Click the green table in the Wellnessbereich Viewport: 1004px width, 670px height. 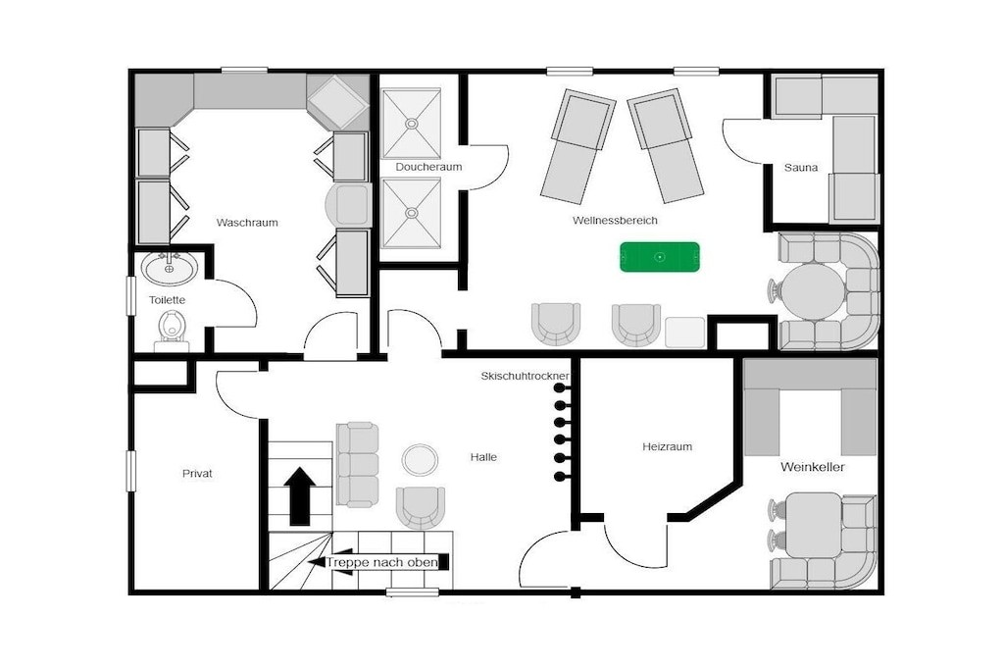pyautogui.click(x=660, y=257)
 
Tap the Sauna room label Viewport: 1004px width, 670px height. pyautogui.click(x=800, y=168)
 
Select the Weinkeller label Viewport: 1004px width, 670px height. pyautogui.click(x=812, y=467)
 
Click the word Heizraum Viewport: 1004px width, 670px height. pyautogui.click(x=667, y=446)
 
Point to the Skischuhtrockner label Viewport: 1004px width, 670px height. pyautogui.click(x=525, y=377)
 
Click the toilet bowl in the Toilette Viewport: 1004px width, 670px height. pyautogui.click(x=172, y=326)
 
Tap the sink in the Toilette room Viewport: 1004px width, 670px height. pyautogui.click(x=169, y=268)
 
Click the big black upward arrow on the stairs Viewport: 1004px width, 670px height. pyautogui.click(x=300, y=495)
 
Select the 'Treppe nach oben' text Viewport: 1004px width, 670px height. pyautogui.click(x=382, y=562)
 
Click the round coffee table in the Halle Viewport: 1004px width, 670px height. pyautogui.click(x=420, y=459)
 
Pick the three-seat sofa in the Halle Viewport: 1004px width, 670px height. pyautogui.click(x=357, y=464)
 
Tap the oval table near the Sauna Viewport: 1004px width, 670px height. pyautogui.click(x=813, y=291)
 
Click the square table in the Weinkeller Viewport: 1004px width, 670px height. pyautogui.click(x=813, y=525)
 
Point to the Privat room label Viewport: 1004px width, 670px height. pyautogui.click(x=197, y=474)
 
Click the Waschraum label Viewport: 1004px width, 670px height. pyautogui.click(x=247, y=223)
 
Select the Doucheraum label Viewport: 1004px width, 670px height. pyautogui.click(x=428, y=167)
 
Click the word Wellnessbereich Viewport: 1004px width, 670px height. pyautogui.click(x=615, y=221)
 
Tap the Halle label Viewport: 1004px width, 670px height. pyautogui.click(x=483, y=457)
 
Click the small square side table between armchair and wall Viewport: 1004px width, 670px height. pyautogui.click(x=685, y=333)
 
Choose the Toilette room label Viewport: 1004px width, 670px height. pyautogui.click(x=167, y=300)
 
